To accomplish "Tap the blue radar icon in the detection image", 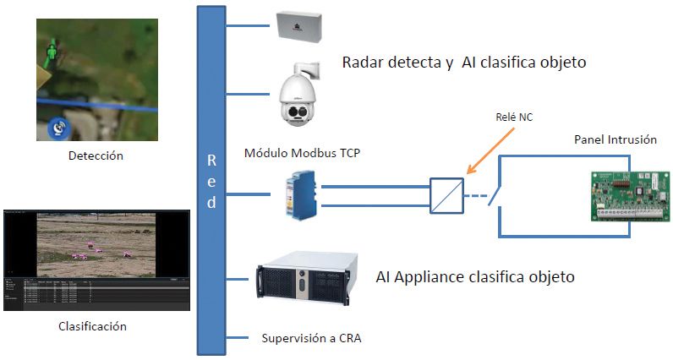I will [60, 128].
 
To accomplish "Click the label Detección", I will [96, 155].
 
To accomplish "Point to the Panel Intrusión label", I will [615, 139].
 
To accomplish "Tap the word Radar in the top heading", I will [364, 63].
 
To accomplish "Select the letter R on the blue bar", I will [211, 160].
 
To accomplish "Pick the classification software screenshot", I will [96, 259].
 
